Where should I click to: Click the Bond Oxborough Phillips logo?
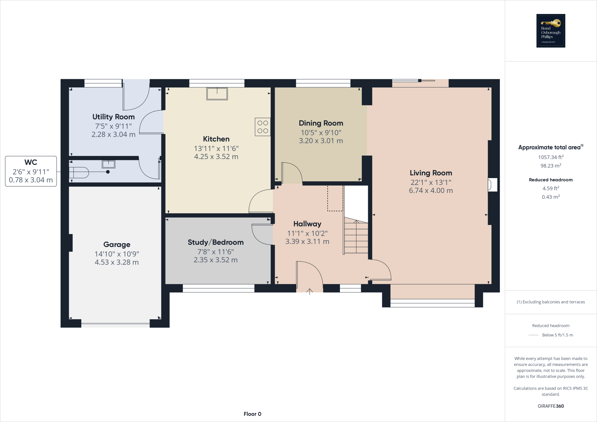tap(551, 31)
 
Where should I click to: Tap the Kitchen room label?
tap(216, 139)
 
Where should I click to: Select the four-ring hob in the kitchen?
tap(262, 127)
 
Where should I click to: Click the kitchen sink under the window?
tap(217, 94)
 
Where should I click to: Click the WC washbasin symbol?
tap(108, 164)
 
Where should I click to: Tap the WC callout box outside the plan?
tap(31, 171)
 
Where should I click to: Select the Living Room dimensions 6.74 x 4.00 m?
tap(431, 191)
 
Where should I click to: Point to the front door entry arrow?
tap(310, 291)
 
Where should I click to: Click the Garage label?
tap(117, 245)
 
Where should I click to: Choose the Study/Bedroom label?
tap(215, 242)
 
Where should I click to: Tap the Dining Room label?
tap(321, 123)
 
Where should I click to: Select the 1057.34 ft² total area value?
tap(551, 157)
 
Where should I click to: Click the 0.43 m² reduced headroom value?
tap(551, 197)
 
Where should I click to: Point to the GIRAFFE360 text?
tap(551, 406)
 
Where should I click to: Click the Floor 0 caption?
tap(252, 414)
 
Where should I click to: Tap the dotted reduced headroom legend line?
tap(533, 335)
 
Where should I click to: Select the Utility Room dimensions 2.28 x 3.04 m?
tap(113, 135)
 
